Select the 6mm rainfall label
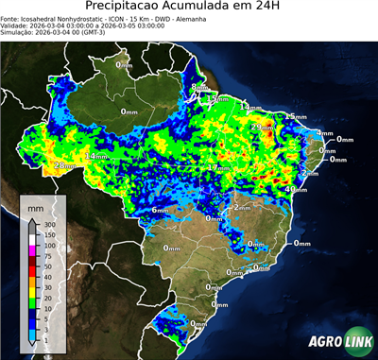161,210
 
